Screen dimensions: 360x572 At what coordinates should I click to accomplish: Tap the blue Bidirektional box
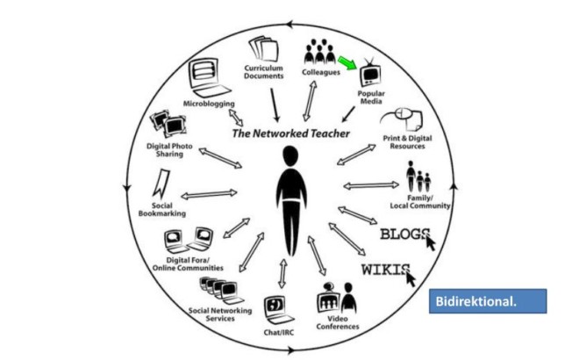pos(489,302)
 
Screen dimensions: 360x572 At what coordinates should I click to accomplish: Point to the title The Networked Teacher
pos(290,133)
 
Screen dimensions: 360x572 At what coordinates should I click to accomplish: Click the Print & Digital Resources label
pos(404,143)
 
